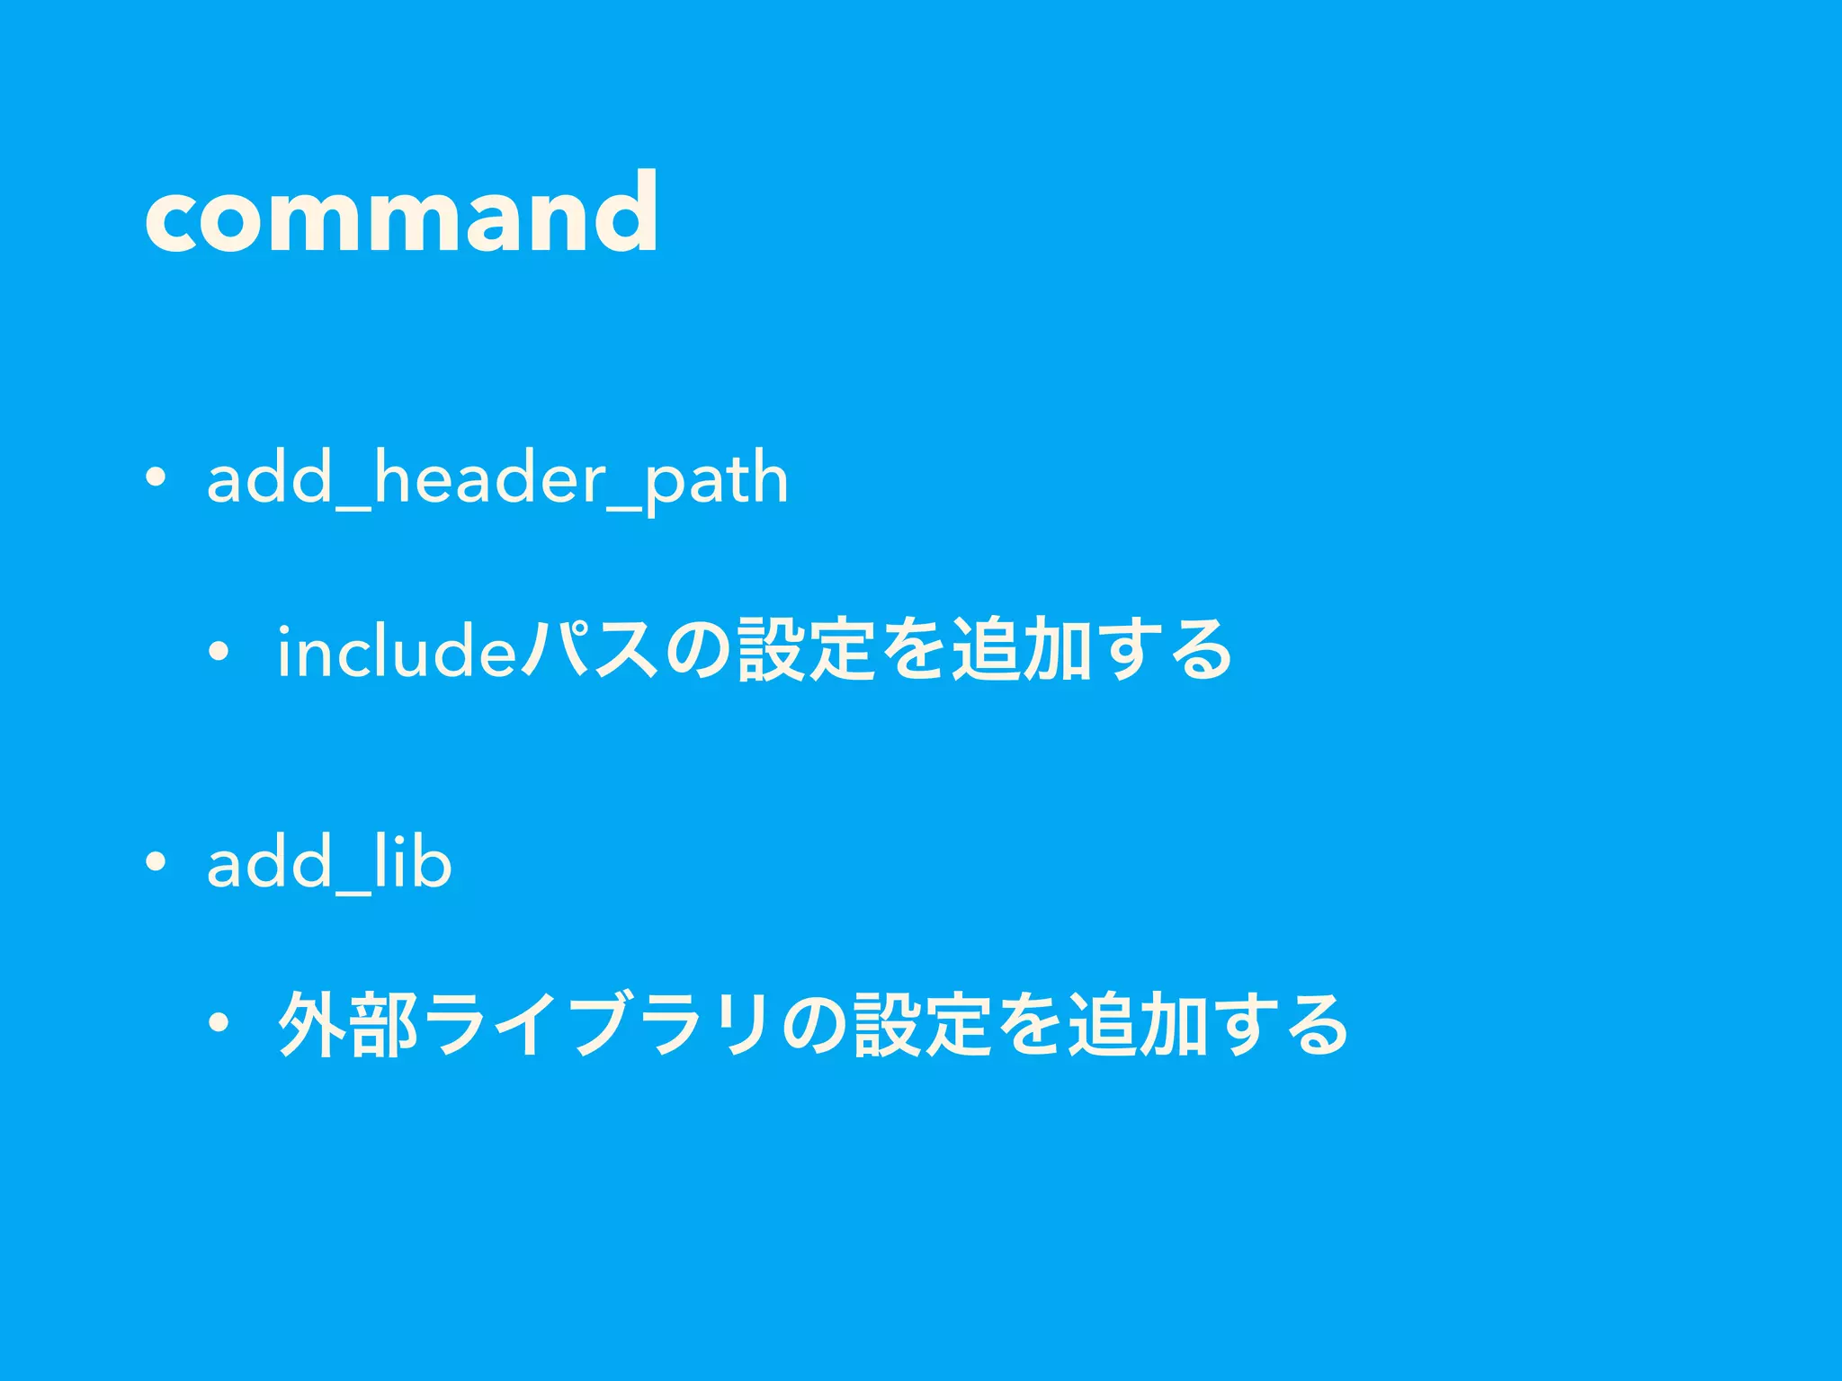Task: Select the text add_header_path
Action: [x=497, y=478]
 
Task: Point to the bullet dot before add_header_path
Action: [x=156, y=478]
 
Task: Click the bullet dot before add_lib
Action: [x=156, y=861]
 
